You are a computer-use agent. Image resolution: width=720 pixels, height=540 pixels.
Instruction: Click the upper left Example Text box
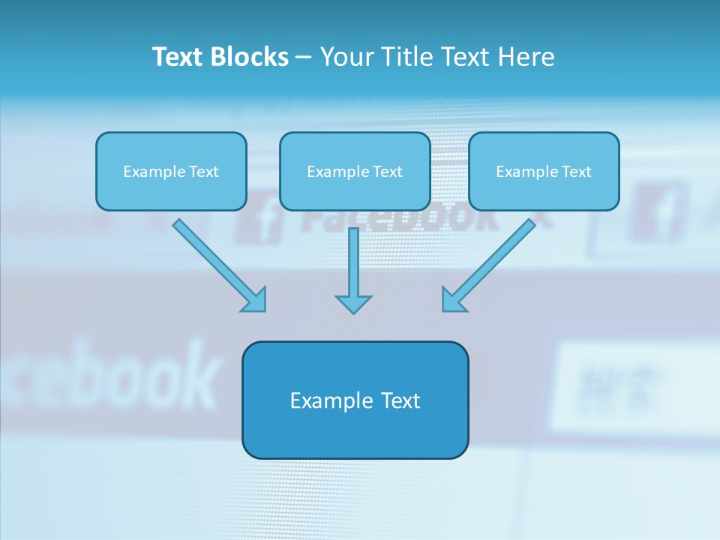(x=171, y=171)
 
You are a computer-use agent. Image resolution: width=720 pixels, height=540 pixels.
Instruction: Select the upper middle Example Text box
(x=355, y=171)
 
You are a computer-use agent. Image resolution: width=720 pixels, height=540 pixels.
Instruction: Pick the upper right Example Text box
(x=544, y=171)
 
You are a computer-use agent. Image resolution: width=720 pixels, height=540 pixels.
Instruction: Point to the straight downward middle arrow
(x=353, y=262)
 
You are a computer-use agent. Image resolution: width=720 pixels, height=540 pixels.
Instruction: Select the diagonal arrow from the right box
(x=495, y=259)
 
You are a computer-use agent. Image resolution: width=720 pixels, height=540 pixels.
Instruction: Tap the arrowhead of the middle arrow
(x=353, y=303)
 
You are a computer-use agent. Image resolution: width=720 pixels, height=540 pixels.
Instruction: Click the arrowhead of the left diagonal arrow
(x=256, y=301)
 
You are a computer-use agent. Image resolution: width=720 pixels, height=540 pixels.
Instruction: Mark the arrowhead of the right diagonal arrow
(x=452, y=301)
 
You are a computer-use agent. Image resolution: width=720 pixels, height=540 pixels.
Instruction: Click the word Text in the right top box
(x=577, y=172)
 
